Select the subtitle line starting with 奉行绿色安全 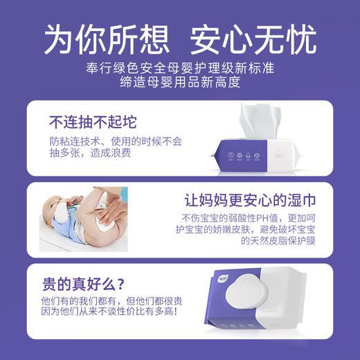pyautogui.click(x=179, y=67)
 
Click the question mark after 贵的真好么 pyautogui.click(x=126, y=284)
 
